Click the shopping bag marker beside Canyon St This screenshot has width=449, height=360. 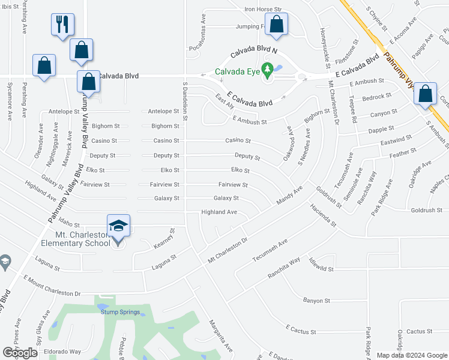point(425,94)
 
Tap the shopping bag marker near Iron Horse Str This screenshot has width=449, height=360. point(276,25)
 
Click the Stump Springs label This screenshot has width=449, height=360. point(120,312)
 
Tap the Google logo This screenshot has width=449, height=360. point(20,353)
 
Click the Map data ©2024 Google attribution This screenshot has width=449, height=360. point(411,355)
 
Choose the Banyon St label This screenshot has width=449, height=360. point(316,300)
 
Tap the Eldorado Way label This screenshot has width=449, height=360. point(66,352)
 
